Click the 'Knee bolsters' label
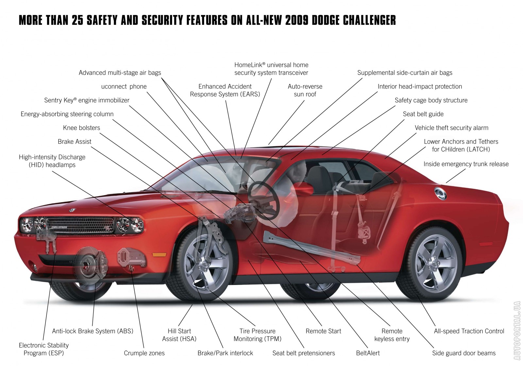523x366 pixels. pyautogui.click(x=81, y=128)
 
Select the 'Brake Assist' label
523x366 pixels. pyautogui.click(x=75, y=142)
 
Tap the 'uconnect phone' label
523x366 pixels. pyautogui.click(x=124, y=87)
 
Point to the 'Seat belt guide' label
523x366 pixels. pyautogui.click(x=423, y=114)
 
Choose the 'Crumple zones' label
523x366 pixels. pyautogui.click(x=144, y=353)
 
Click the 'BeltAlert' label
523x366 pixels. pyautogui.click(x=368, y=353)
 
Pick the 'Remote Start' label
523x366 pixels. pyautogui.click(x=323, y=331)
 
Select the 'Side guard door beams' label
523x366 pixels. pyautogui.click(x=464, y=353)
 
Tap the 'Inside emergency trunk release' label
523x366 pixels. pyautogui.click(x=466, y=164)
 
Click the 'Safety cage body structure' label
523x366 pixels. pyautogui.click(x=431, y=100)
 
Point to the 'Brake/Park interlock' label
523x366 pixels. pyautogui.click(x=225, y=353)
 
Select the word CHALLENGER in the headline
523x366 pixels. pyautogui.click(x=369, y=20)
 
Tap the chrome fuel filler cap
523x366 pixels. pyautogui.click(x=440, y=193)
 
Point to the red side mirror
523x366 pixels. pyautogui.click(x=304, y=189)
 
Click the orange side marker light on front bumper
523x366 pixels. pyautogui.click(x=159, y=255)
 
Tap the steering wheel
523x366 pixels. pyautogui.click(x=263, y=201)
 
